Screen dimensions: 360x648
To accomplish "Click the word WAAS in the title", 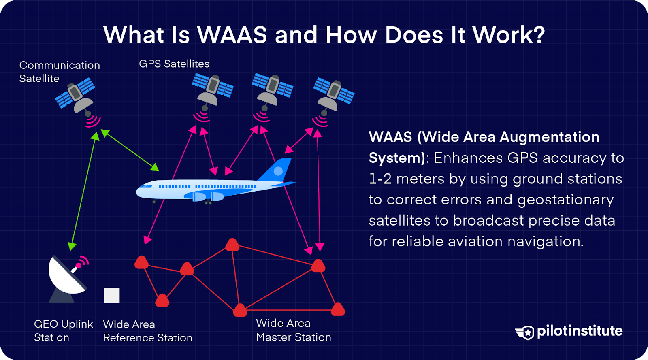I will [232, 35].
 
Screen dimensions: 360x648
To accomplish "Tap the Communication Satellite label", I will [59, 72].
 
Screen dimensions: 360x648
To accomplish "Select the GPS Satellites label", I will [174, 64].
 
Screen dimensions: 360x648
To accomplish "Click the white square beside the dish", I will [112, 295].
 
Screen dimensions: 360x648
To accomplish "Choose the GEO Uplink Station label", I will [63, 330].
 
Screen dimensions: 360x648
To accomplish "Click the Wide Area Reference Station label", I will [147, 331].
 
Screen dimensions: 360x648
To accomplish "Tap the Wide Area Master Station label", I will [293, 330].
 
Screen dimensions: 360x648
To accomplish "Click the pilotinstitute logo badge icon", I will [525, 332].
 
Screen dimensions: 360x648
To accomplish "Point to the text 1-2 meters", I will [406, 179].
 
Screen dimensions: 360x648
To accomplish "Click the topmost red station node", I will [232, 245].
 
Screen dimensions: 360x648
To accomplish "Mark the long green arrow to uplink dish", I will [83, 190].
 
